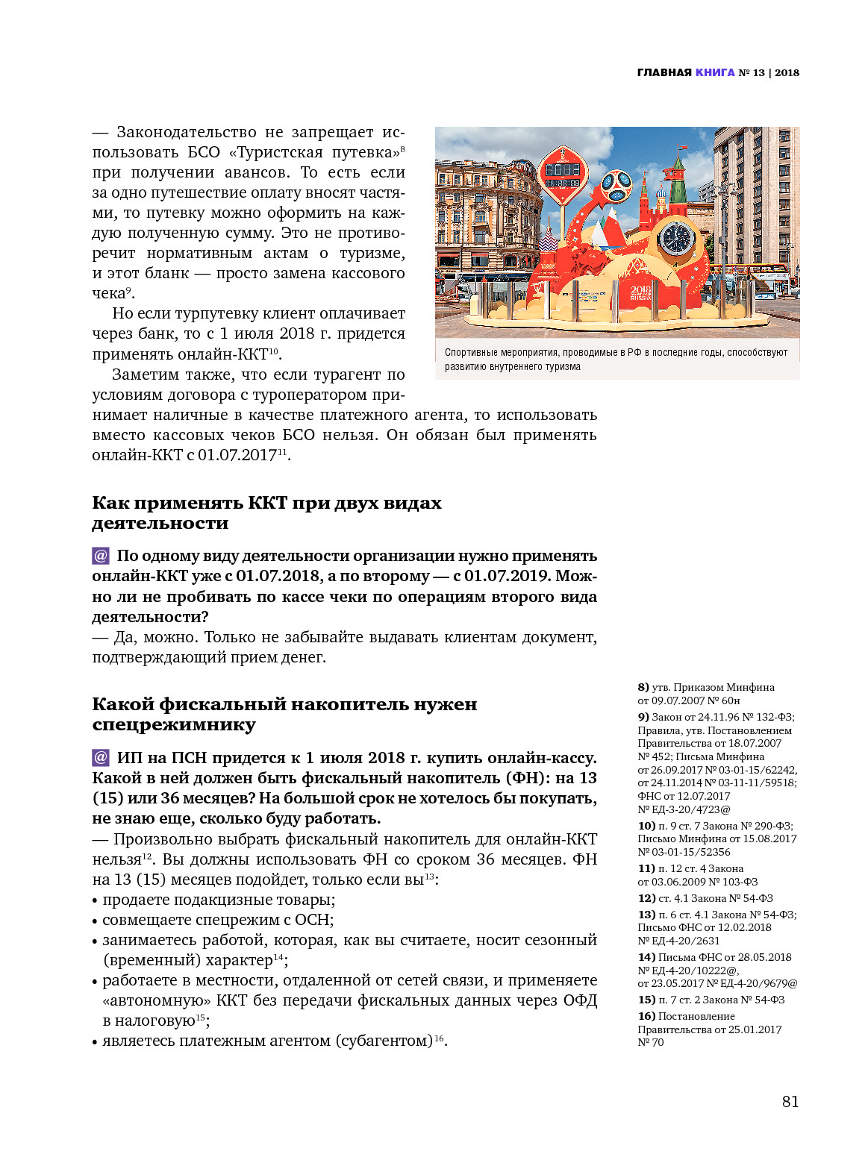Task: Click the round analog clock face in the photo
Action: (676, 239)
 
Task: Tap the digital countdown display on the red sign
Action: (563, 182)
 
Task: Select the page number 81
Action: (790, 1102)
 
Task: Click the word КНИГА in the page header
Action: (715, 72)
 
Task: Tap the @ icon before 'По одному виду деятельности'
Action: (101, 556)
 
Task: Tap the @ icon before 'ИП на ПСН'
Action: (101, 758)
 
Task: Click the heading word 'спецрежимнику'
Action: (174, 725)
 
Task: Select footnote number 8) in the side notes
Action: (643, 687)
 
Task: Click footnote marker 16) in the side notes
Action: (646, 1016)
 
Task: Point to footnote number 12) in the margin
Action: (646, 898)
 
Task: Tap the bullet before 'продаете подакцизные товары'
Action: (96, 900)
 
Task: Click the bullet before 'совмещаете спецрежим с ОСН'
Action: (96, 921)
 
